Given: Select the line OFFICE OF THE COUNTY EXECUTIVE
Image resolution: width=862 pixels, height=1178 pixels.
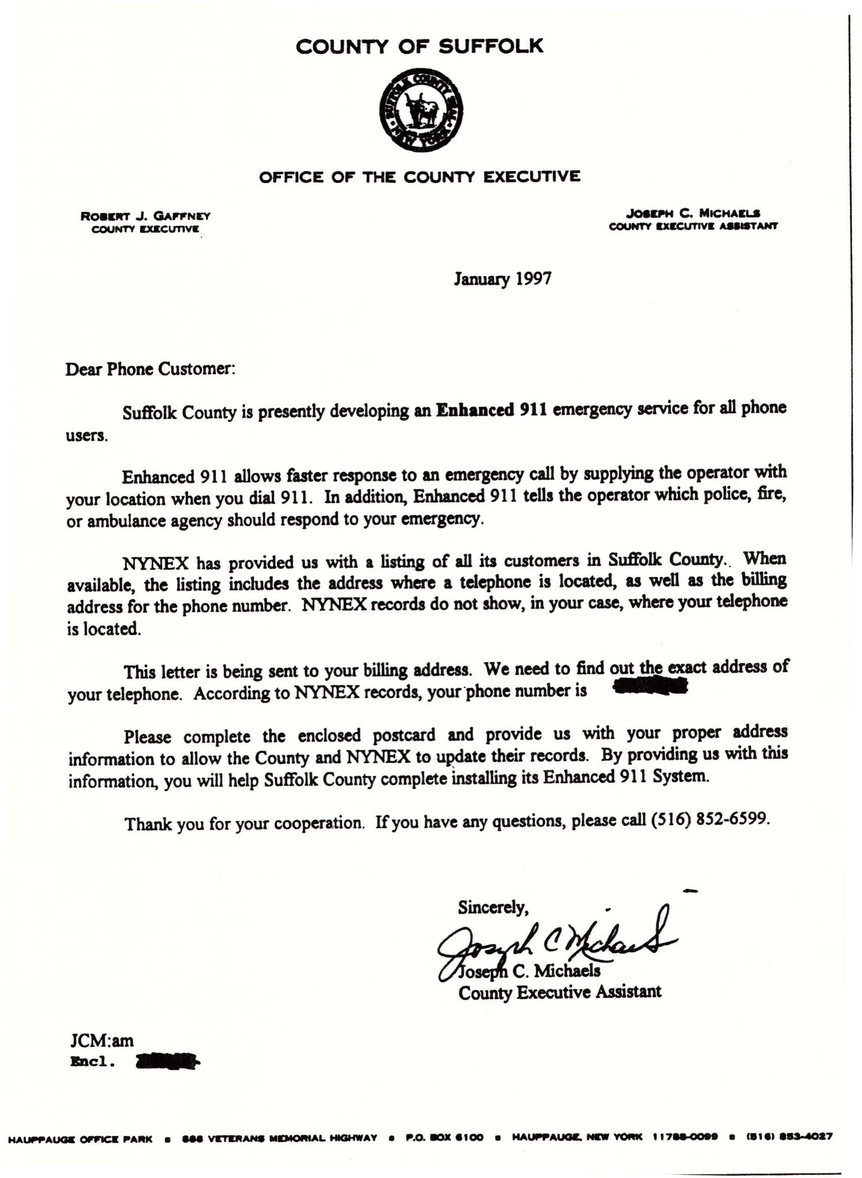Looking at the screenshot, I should [420, 177].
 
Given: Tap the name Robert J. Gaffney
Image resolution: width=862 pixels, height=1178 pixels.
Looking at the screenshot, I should [145, 216].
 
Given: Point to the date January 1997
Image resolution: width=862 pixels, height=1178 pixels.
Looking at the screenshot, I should [502, 279].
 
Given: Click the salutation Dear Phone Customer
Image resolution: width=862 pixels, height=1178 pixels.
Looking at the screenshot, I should [151, 369].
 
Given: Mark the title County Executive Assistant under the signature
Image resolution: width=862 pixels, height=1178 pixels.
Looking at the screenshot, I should [559, 992].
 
